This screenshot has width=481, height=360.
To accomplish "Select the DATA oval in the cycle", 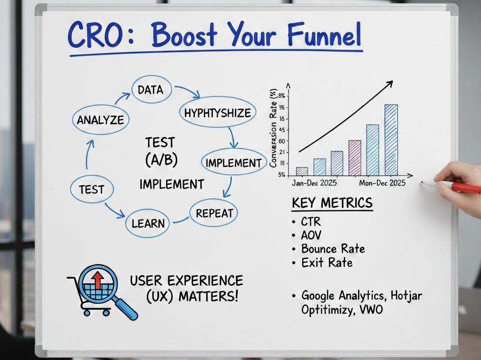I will pos(150,90).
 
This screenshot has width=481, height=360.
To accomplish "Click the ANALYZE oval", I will pos(100,119).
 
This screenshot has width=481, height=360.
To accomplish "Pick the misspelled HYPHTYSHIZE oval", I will pos(218,113).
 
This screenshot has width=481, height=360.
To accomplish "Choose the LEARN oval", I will pos(148,223).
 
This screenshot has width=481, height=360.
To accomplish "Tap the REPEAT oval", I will pos(214,213).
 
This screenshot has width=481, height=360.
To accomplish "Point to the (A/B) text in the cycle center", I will pos(160,161).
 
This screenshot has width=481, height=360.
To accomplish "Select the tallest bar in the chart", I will pos(391,140).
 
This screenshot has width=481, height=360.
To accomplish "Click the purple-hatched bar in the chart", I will pos(355,158).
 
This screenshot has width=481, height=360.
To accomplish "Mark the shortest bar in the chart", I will pos(302,171).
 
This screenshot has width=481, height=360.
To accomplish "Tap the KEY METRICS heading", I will pos(332,203).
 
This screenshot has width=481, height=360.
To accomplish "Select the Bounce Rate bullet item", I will pos(332,248).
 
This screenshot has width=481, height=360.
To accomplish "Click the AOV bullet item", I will pos(311,235).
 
